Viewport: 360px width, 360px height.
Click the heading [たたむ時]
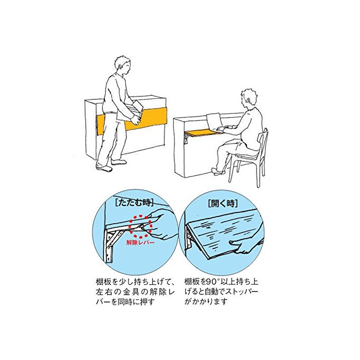(134, 203)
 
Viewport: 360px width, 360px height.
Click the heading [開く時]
(223, 203)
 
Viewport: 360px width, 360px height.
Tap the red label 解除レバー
(140, 242)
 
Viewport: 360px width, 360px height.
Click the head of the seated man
(248, 98)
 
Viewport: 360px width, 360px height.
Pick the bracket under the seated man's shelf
(187, 138)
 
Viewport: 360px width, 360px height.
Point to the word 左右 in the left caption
(103, 292)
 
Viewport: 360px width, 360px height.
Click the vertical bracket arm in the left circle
(109, 246)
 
